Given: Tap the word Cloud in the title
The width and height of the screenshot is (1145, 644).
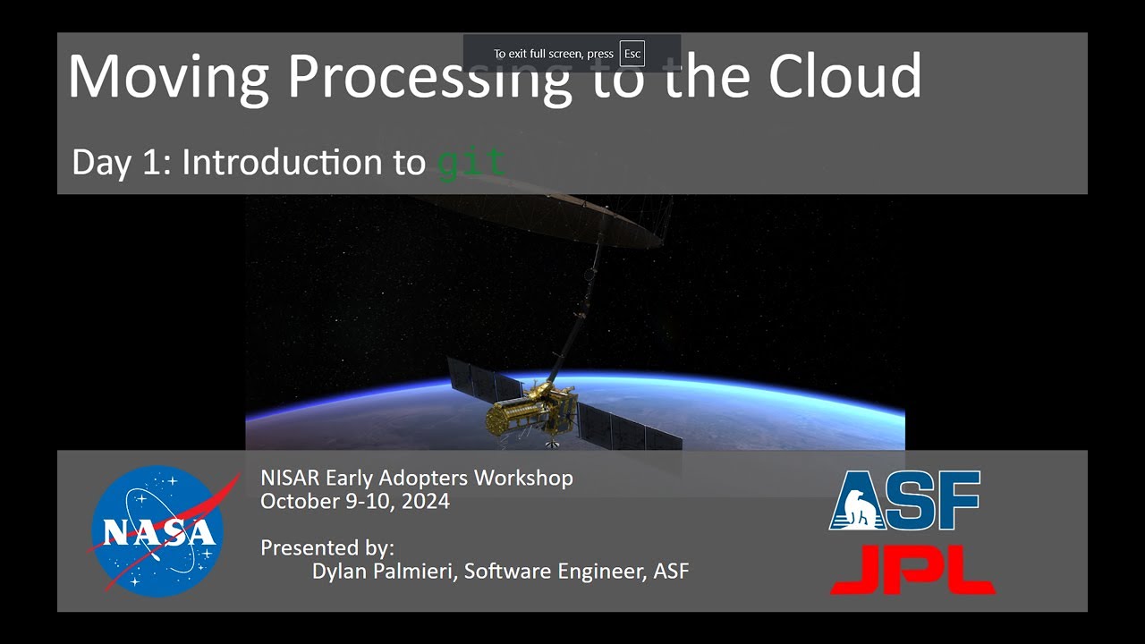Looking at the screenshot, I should (x=844, y=76).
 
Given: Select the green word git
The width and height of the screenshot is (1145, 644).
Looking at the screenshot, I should (x=471, y=163).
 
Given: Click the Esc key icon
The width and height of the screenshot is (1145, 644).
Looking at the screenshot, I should (x=632, y=54).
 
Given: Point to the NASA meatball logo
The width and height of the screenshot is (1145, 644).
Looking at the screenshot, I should (x=156, y=531).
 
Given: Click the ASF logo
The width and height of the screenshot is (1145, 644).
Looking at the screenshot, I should (x=904, y=501).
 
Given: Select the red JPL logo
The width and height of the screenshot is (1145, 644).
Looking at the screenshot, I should (x=912, y=570).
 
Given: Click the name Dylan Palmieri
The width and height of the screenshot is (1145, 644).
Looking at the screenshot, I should (x=384, y=571).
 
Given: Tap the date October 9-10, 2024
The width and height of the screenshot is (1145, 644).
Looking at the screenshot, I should (x=354, y=501).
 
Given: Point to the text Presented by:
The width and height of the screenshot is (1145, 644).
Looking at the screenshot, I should (x=327, y=547).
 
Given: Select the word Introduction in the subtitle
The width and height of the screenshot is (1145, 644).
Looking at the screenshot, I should (x=304, y=163).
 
